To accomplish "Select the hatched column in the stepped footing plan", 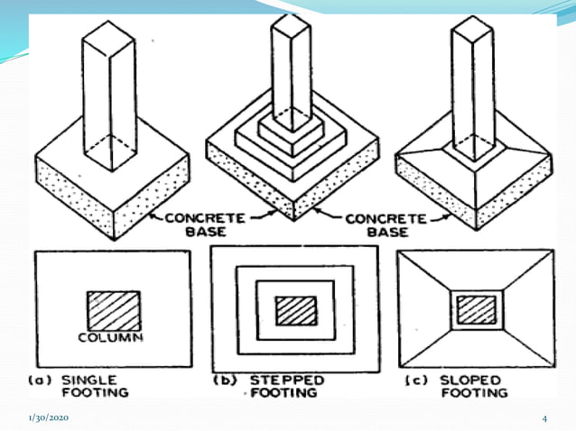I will (x=296, y=310).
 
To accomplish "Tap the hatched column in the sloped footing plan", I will (x=476, y=309).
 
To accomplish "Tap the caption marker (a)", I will (x=43, y=381).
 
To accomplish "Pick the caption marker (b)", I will (x=225, y=381).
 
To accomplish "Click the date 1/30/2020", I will (x=48, y=418).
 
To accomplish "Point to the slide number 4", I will (x=545, y=418).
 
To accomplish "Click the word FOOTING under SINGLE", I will (x=95, y=393).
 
